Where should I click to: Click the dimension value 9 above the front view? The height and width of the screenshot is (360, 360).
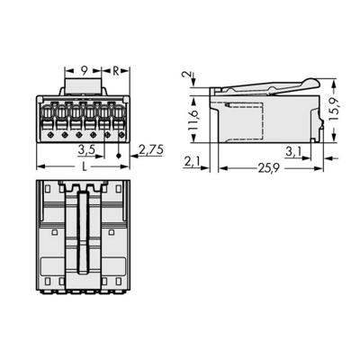tap(83, 68)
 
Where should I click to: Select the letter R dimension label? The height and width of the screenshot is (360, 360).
tap(117, 68)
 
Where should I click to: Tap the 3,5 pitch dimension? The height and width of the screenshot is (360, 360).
tap(88, 148)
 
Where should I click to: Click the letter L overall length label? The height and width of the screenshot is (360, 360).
tap(84, 167)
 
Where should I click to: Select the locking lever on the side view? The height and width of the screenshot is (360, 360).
tap(261, 85)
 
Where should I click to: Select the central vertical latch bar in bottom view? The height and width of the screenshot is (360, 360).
tap(83, 234)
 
